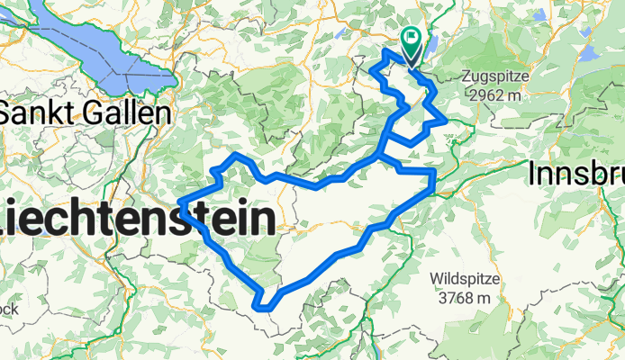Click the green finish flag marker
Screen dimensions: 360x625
[412, 39]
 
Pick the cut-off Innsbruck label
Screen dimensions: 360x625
[576, 173]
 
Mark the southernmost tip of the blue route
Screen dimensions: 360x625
[265, 307]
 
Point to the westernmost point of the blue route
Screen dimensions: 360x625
[183, 202]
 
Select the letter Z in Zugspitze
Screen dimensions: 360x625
[466, 76]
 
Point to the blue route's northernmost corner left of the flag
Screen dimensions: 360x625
[385, 53]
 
